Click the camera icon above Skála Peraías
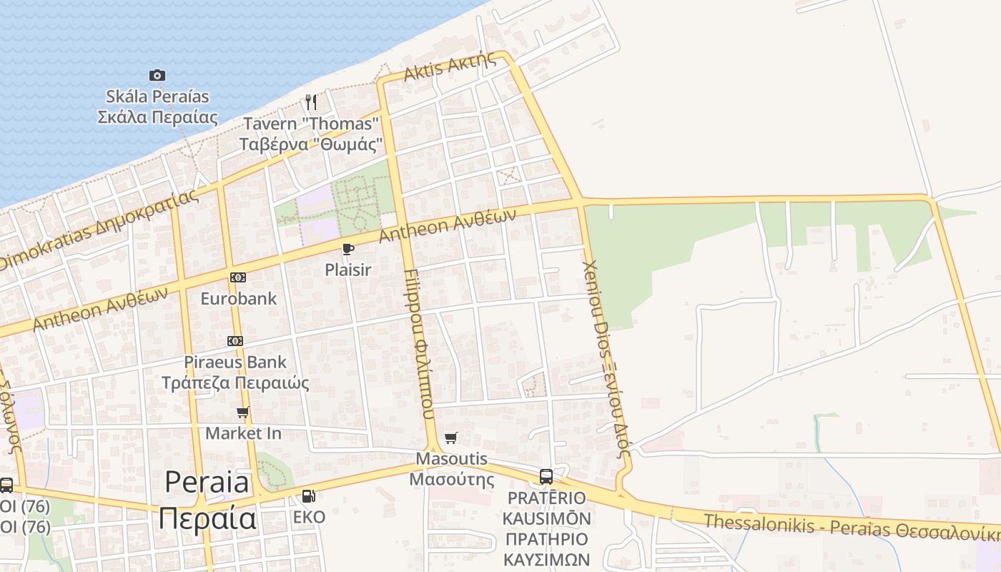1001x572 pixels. pos(157,75)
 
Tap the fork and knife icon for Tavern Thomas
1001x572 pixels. pos(310,102)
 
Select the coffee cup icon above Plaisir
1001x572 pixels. pos(348,249)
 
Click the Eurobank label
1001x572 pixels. pos(238,298)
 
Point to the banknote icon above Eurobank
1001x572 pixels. pos(238,277)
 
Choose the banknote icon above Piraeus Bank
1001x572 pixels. pos(235,341)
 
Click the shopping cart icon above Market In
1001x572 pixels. pos(243,413)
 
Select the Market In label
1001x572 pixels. pos(243,433)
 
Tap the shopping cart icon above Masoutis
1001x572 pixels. pos(450,438)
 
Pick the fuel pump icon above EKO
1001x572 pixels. pos(309,495)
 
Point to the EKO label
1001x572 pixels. pos(309,517)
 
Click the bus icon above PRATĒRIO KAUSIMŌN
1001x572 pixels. pos(546,476)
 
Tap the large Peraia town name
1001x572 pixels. pos(207,500)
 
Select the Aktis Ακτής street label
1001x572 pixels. pos(450,67)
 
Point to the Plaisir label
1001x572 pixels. pos(348,270)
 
